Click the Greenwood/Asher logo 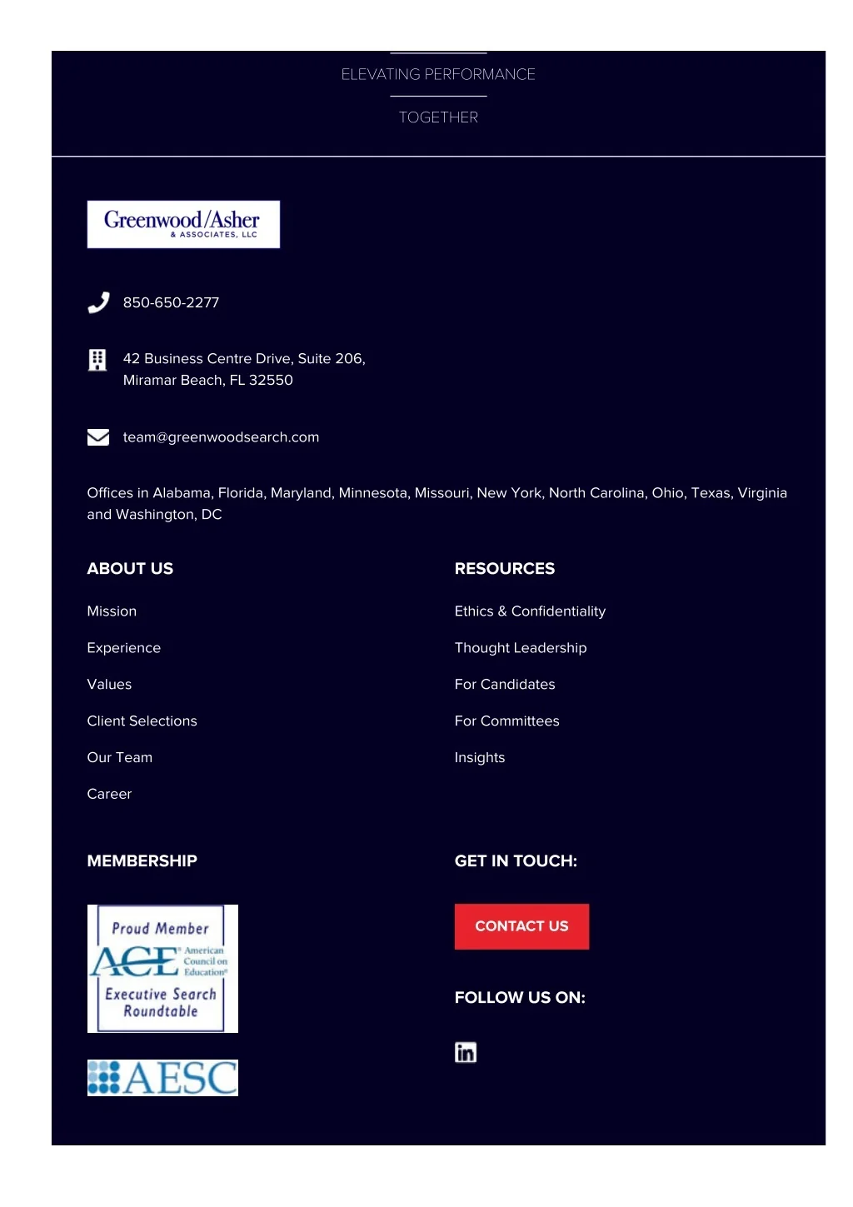[x=183, y=224]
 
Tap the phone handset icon [x=98, y=302]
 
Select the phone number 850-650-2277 [x=171, y=302]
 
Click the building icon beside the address [x=97, y=360]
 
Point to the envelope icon [x=98, y=437]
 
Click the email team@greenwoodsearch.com [x=221, y=437]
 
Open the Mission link [x=112, y=611]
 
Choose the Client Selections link [x=142, y=721]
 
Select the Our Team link [x=119, y=758]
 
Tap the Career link [x=109, y=795]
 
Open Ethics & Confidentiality [x=530, y=611]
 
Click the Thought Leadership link [x=521, y=648]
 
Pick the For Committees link [x=506, y=721]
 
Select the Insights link [x=480, y=758]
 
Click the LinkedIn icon [x=466, y=1053]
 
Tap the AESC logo [x=162, y=1078]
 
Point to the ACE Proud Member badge [x=162, y=969]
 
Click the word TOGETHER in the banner [x=438, y=117]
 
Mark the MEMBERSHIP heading [x=142, y=861]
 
